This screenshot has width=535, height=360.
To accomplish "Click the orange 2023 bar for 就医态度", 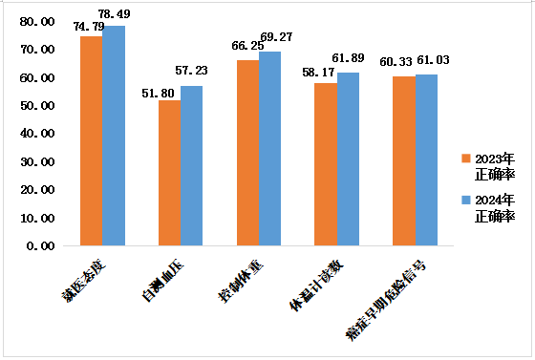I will (91, 141).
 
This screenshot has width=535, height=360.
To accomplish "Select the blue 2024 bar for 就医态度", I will (114, 136).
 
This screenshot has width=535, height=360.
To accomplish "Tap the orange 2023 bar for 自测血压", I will (169, 173).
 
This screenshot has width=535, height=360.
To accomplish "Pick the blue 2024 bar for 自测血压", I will (192, 165).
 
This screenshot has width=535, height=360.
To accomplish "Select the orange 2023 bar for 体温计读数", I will (326, 164).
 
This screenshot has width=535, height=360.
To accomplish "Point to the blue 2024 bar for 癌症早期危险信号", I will (427, 159).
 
